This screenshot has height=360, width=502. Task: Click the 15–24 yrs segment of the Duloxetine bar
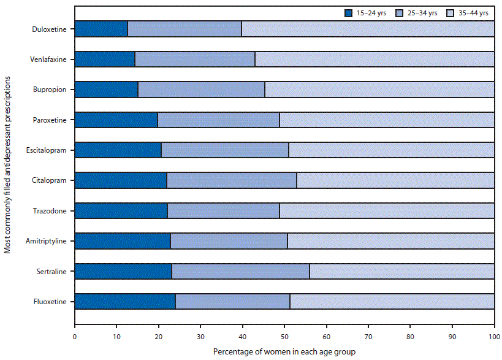coord(101,29)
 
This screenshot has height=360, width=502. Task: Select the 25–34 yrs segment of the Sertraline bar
coord(241,271)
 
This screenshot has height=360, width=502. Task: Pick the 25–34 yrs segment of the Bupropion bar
coord(201,90)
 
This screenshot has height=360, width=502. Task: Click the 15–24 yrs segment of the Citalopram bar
coord(121,180)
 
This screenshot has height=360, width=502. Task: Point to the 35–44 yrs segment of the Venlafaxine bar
coord(375,59)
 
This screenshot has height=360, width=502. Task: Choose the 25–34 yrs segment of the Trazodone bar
coord(223,210)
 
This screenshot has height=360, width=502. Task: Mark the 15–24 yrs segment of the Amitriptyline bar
coord(123,241)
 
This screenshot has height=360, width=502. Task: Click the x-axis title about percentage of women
coord(284,352)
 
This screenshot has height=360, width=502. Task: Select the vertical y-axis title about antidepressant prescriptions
coord(7,165)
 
